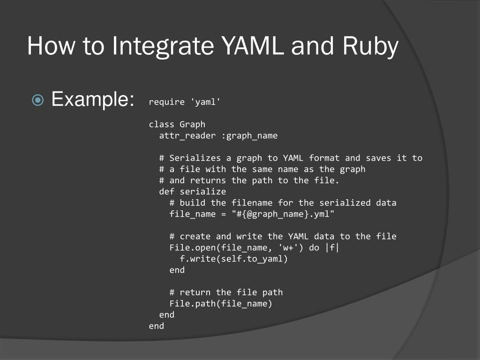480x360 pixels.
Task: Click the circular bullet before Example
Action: [x=38, y=100]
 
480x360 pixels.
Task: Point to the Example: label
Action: [x=92, y=99]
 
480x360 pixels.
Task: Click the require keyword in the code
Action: [x=166, y=102]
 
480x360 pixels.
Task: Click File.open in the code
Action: [x=190, y=248]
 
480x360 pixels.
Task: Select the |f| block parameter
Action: [x=331, y=248]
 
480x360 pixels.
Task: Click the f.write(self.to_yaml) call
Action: [x=233, y=259]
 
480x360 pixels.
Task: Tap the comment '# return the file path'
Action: [x=226, y=292]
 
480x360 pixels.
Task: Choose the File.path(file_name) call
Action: [x=221, y=304]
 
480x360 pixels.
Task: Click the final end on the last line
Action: [x=157, y=326]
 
